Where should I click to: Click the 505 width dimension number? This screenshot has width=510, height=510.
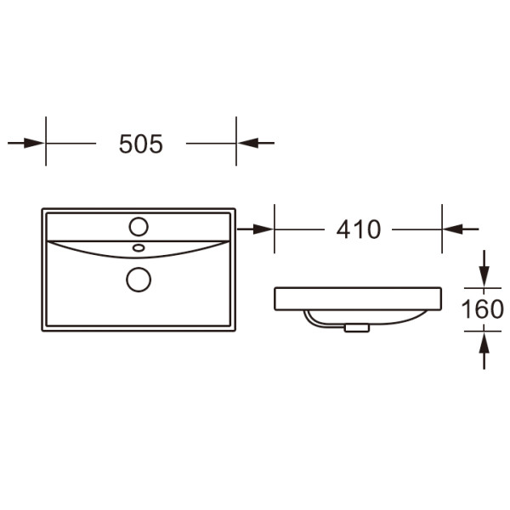141,144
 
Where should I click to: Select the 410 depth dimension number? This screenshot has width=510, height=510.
359,229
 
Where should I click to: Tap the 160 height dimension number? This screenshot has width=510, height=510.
483,309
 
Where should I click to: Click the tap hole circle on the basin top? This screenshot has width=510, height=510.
139,226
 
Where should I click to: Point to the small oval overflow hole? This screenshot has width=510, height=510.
139,248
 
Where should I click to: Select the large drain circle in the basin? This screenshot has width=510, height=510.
139,280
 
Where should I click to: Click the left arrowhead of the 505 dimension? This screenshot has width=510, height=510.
34,143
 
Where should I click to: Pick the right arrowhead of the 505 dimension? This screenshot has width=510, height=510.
248,143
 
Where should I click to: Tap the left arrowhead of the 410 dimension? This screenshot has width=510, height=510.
263,229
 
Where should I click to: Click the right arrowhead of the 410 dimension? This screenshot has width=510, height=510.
453,229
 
